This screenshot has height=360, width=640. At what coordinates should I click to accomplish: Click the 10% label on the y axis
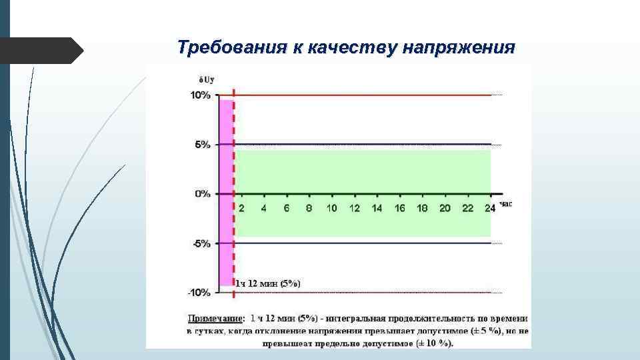201,95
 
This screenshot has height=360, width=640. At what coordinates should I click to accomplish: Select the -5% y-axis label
201,243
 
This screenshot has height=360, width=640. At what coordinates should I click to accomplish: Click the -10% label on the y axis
199,293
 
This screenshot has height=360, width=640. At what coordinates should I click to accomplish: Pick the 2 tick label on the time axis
241,208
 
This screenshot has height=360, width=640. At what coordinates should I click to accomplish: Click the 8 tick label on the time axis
309,208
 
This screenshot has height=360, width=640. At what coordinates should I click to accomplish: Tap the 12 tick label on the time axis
354,208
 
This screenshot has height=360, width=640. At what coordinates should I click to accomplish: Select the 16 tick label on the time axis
399,208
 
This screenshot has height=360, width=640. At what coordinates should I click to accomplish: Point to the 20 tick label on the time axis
445,208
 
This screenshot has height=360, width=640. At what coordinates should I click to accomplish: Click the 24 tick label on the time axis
490,208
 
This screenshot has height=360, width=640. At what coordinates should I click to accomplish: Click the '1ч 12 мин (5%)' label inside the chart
268,283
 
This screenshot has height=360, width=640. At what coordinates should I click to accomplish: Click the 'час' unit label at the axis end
505,204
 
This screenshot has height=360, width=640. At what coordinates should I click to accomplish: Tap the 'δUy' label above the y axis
199,79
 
